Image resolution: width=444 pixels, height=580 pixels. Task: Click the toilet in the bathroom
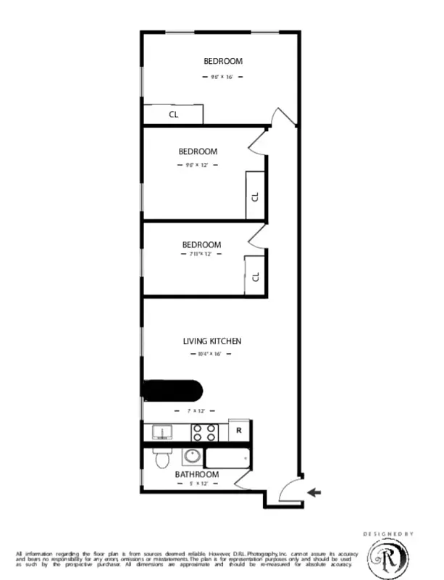(x=162, y=457)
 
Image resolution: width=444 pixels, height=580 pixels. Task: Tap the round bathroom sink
(x=192, y=457)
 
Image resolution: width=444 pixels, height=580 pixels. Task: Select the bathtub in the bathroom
(x=227, y=458)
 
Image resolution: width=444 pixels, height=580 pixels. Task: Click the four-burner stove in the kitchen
(x=204, y=433)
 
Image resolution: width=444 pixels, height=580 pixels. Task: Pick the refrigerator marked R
(x=239, y=431)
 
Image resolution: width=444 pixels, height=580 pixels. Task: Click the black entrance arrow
(x=313, y=493)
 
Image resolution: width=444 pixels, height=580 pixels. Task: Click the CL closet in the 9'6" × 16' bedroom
(x=173, y=115)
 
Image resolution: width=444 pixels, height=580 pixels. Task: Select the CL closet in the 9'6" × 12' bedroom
(x=256, y=196)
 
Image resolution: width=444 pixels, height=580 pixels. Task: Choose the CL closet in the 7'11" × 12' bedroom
(x=256, y=276)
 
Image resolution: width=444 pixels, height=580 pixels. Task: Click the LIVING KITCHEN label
(x=211, y=341)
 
